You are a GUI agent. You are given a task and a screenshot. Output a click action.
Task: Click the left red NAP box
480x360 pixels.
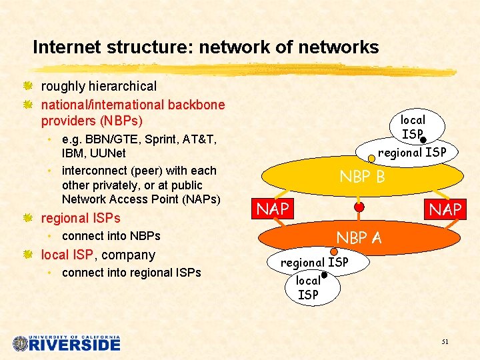pos(273,209)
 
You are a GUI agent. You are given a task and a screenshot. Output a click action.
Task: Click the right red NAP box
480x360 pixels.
pos(445,209)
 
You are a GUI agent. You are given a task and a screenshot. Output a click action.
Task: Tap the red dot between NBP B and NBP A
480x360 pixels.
pos(359,207)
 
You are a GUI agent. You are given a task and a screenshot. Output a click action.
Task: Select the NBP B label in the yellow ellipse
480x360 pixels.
pos(362,177)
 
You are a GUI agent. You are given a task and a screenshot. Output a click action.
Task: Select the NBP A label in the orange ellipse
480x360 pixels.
pos(359,237)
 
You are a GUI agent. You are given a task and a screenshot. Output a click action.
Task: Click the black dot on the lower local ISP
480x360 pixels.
pos(324,275)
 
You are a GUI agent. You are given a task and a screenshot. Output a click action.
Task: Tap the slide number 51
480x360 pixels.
pos(445,341)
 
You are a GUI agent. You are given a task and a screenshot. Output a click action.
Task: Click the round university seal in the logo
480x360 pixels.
pos(21,343)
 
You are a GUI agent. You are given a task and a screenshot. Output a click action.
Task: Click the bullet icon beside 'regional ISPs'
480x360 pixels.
pos(27,218)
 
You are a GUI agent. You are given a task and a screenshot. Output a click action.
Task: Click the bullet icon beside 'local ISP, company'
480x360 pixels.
pos(27,255)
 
